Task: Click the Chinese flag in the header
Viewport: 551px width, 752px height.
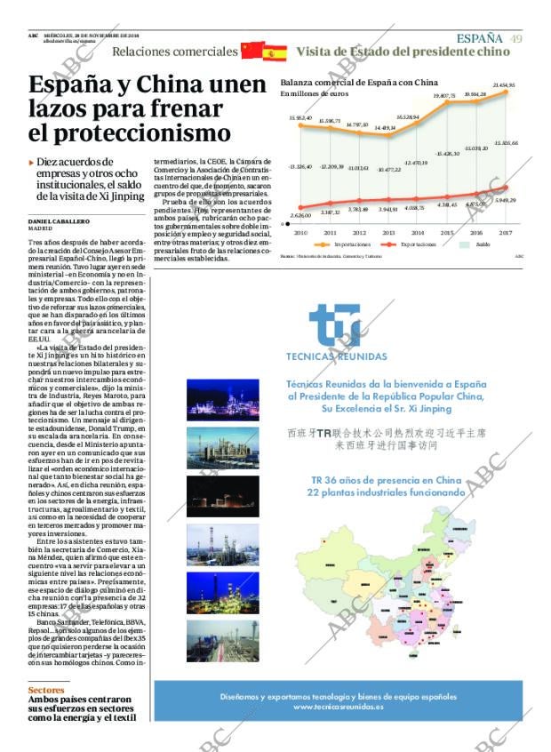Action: pyautogui.click(x=252, y=51)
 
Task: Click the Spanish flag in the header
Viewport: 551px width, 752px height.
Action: pyautogui.click(x=275, y=52)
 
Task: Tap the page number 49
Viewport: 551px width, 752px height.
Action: pyautogui.click(x=516, y=37)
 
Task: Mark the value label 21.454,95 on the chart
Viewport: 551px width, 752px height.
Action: pyautogui.click(x=504, y=85)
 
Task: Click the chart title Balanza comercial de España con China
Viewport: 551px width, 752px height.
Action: pyautogui.click(x=359, y=81)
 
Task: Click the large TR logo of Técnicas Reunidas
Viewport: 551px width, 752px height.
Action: pyautogui.click(x=337, y=326)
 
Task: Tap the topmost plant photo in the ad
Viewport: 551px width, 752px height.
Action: pyautogui.click(x=223, y=399)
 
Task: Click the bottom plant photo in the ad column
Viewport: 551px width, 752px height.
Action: pyautogui.click(x=223, y=640)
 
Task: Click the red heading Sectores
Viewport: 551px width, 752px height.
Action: pyautogui.click(x=46, y=690)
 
